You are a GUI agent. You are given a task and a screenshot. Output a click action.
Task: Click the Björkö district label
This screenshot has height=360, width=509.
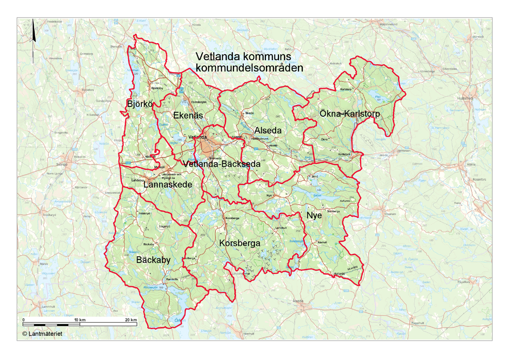(139, 103)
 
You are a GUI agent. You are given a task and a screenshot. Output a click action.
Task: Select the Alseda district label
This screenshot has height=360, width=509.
(268, 130)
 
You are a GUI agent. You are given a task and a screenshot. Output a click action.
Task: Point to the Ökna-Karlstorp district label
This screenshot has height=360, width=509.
(349, 114)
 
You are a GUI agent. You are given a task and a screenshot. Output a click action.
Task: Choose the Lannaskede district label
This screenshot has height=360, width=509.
(168, 185)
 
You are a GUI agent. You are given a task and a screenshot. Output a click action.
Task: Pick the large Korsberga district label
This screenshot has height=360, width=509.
(240, 244)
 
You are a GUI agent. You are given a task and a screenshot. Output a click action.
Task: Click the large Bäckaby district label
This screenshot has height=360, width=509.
(153, 260)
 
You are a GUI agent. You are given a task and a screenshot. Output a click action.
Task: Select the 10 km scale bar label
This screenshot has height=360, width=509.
(80, 319)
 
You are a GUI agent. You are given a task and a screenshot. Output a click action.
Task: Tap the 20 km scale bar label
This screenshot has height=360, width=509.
(131, 319)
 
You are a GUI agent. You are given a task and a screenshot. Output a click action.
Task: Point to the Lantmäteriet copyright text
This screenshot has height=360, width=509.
(42, 334)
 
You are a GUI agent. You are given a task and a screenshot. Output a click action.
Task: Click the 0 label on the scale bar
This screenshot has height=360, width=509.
(24, 319)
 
